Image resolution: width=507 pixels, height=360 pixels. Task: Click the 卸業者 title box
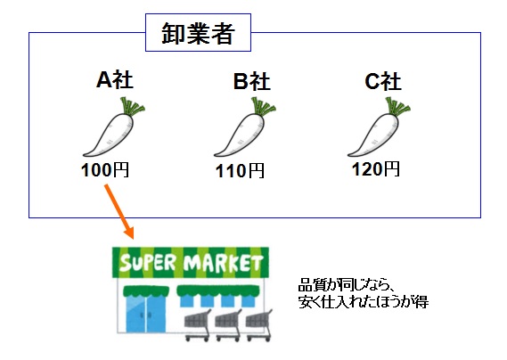tap(198, 32)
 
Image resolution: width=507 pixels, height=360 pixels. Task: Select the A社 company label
tap(115, 80)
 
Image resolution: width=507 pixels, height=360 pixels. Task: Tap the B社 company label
tap(252, 81)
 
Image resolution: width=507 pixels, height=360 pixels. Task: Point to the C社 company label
tap(383, 81)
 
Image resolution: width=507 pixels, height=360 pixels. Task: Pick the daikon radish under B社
tap(244, 127)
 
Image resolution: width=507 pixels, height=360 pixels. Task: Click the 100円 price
tap(105, 170)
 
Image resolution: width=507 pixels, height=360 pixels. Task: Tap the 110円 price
tap(240, 171)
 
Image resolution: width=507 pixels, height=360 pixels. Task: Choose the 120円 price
tap(376, 168)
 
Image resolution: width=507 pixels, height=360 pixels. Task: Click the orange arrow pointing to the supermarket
tap(119, 212)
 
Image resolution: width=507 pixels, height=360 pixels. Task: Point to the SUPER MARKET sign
tap(191, 262)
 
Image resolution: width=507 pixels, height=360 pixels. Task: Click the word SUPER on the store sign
tap(147, 263)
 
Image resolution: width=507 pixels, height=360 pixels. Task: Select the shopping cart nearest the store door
tap(198, 325)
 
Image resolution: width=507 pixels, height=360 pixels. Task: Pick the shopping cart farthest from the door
tap(259, 325)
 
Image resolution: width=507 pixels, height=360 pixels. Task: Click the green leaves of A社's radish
tap(132, 107)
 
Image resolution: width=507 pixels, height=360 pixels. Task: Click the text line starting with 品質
tap(345, 285)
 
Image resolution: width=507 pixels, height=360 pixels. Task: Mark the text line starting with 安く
tap(364, 301)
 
